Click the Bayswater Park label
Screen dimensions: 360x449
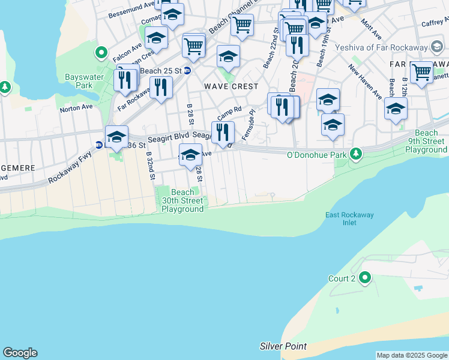click(x=82, y=82)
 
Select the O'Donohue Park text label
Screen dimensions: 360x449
click(x=318, y=155)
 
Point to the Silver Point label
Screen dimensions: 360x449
click(x=283, y=346)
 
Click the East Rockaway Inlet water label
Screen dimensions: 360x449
click(x=341, y=219)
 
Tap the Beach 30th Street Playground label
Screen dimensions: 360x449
click(x=182, y=201)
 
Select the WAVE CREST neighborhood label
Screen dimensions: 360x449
click(x=231, y=86)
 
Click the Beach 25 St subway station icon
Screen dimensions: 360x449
click(x=187, y=71)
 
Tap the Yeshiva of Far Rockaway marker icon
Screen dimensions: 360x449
click(x=438, y=47)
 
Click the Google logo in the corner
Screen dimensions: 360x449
click(x=20, y=353)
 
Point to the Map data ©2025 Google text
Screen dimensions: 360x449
click(x=412, y=355)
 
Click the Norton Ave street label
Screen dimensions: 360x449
click(x=76, y=108)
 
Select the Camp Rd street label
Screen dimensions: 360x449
click(x=229, y=113)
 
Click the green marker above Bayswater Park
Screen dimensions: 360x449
click(x=101, y=53)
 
